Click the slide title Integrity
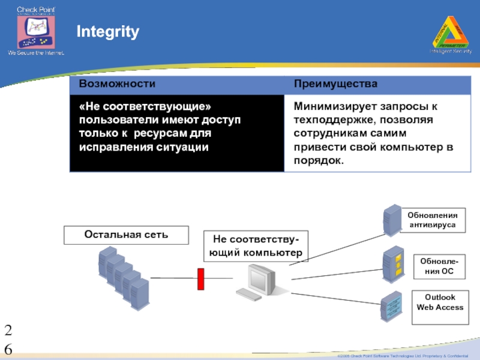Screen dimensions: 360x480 pos(107,32)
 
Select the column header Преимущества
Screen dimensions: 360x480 pos(335,84)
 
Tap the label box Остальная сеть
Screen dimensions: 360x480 pos(127,235)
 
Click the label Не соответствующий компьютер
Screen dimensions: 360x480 pos(255,246)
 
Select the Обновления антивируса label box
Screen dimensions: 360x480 pos(432,220)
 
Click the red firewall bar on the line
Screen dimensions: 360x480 pos(202,278)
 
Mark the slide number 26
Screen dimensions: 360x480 pos(8,339)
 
